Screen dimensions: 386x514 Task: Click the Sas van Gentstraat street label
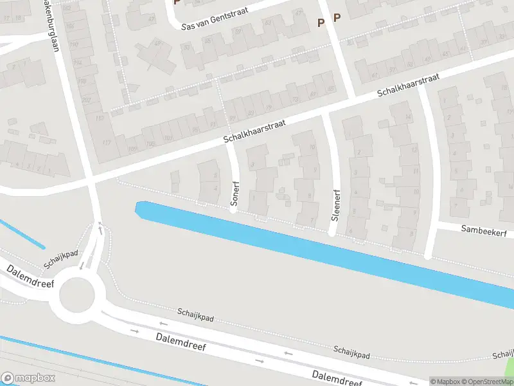(x=215, y=21)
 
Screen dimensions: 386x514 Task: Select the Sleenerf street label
(x=335, y=205)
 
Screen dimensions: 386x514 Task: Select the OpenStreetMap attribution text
(x=488, y=381)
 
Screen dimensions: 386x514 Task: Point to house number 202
(x=86, y=100)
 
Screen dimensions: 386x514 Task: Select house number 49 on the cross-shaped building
(x=157, y=44)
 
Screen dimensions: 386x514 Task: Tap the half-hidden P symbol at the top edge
(x=177, y=3)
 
